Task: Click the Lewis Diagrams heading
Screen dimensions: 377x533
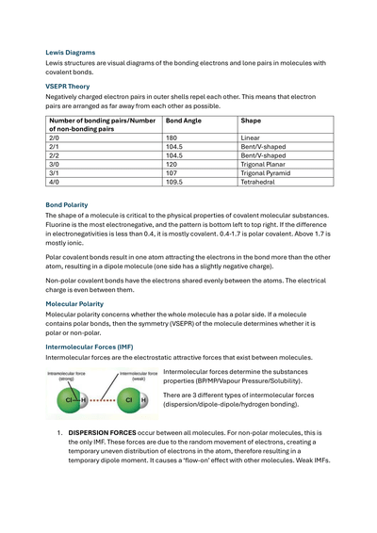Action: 71,53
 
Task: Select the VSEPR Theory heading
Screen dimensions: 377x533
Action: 68,87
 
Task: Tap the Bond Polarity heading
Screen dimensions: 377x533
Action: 67,205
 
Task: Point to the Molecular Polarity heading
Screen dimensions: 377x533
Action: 74,304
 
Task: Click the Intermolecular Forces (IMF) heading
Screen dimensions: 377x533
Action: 90,347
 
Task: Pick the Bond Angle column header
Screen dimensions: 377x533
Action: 184,121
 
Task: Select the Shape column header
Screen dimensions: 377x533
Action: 251,121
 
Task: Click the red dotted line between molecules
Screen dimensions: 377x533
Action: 102,400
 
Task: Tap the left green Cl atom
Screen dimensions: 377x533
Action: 69,400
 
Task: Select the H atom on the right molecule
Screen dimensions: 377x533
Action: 144,400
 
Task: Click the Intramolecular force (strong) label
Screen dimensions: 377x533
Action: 66,376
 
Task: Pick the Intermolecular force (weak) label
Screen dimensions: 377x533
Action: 139,376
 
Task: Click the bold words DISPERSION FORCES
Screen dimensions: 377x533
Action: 102,433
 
